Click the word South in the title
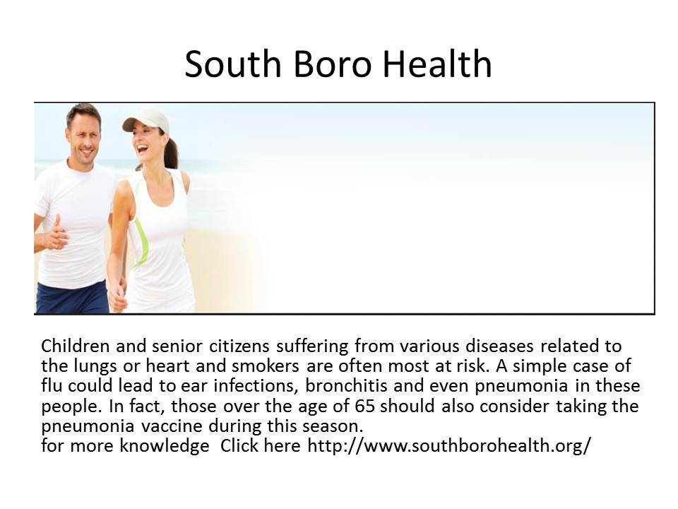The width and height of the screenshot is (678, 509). (x=233, y=64)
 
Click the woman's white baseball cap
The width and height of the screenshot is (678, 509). (x=146, y=120)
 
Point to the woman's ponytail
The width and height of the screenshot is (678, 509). (x=172, y=151)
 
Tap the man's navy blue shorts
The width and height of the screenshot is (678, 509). (x=73, y=297)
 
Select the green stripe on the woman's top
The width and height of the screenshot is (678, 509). (x=141, y=242)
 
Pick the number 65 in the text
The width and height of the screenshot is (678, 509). (x=364, y=406)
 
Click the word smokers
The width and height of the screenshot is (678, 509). (x=266, y=365)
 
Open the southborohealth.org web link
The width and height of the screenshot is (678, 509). (x=449, y=445)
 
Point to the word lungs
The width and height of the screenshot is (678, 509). (x=95, y=366)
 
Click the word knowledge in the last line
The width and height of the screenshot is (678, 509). (x=165, y=446)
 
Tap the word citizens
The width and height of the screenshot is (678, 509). (x=239, y=346)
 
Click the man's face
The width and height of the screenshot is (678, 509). (x=84, y=136)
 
